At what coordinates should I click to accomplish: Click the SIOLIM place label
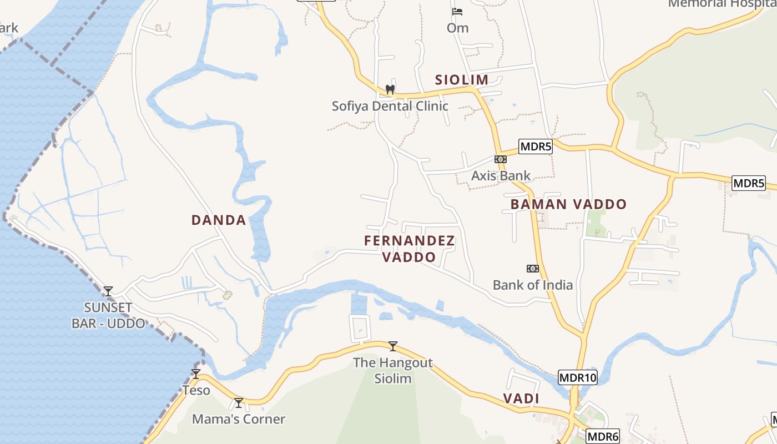click(x=462, y=80)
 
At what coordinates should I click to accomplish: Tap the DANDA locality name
click(x=219, y=220)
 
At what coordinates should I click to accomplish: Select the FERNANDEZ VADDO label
click(x=410, y=249)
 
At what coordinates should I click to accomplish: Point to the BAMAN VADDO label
click(x=568, y=204)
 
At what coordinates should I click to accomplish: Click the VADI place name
click(x=521, y=398)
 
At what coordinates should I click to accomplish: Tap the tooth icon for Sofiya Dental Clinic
click(x=390, y=89)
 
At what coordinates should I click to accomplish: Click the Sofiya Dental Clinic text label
click(x=390, y=106)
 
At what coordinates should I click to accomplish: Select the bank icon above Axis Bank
click(x=501, y=159)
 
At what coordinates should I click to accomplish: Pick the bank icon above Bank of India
click(x=533, y=269)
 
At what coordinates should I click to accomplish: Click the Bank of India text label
click(x=533, y=285)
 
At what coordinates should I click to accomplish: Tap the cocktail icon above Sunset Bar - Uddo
click(x=108, y=291)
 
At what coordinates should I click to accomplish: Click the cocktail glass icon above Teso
click(x=196, y=374)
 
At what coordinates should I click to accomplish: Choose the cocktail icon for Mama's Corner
click(x=239, y=403)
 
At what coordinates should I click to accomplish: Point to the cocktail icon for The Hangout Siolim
click(x=393, y=346)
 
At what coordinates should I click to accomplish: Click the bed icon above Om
click(x=457, y=11)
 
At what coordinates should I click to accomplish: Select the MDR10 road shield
click(x=578, y=378)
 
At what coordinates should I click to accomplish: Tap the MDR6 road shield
click(x=602, y=437)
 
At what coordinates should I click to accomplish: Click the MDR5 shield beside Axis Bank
click(x=536, y=147)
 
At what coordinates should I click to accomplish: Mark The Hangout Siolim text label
click(x=393, y=371)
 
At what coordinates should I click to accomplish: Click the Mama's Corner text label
click(x=239, y=420)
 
